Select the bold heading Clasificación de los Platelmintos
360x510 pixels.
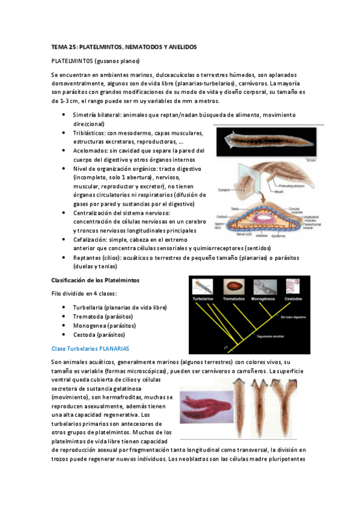point(96,280)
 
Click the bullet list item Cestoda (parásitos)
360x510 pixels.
point(99,334)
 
